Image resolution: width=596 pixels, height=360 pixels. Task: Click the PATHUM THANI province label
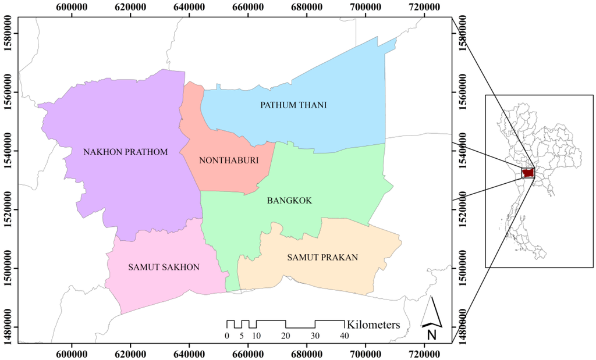[x=293, y=105]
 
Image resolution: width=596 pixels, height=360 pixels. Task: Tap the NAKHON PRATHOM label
[x=125, y=152]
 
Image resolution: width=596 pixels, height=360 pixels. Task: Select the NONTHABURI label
[x=228, y=161]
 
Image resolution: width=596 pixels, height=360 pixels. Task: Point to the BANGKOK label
[x=289, y=201]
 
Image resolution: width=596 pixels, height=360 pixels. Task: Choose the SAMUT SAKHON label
[x=164, y=268]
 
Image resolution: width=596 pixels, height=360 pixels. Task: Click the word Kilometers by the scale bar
[x=373, y=325]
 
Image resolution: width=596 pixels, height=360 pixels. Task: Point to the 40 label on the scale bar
[x=345, y=336]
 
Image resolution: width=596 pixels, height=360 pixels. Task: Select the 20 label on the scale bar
[x=285, y=336]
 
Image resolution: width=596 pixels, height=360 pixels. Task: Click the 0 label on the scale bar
[x=227, y=336]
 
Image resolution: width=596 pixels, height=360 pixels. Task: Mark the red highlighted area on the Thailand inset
[x=528, y=173]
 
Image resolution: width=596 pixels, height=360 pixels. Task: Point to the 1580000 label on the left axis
[x=8, y=34]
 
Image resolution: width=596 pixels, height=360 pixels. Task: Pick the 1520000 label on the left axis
[x=8, y=210]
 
